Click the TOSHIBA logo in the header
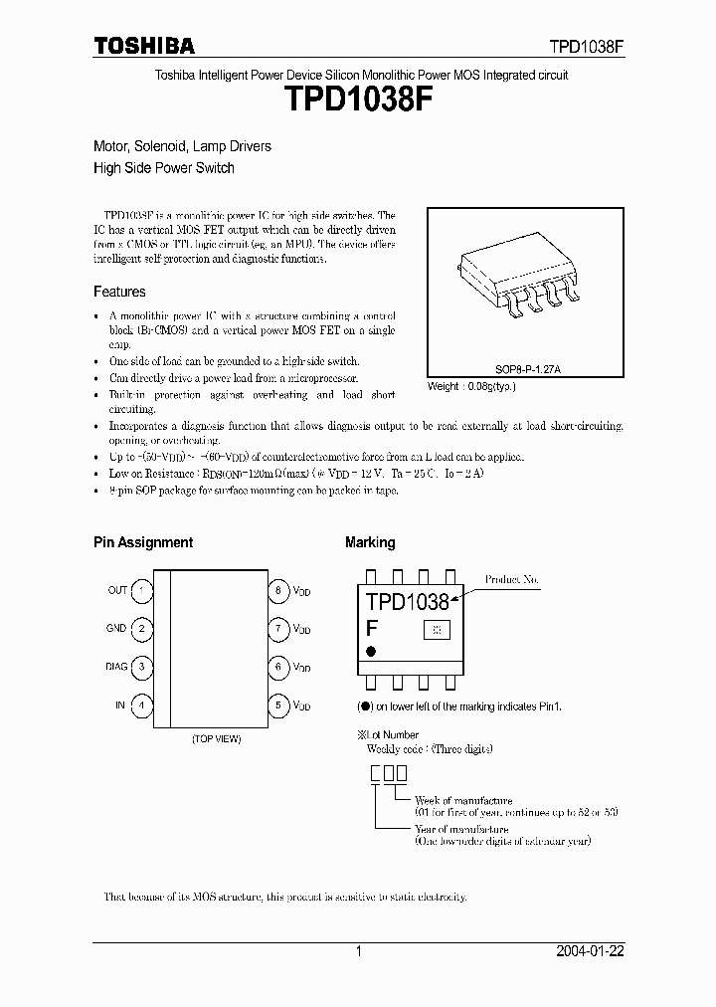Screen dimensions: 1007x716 coord(144,46)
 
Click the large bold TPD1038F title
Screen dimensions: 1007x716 coord(358,103)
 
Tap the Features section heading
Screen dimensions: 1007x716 coord(119,292)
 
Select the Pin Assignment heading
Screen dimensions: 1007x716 coord(143,542)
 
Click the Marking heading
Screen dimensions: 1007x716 coord(370,542)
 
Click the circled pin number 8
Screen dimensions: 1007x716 coord(279,590)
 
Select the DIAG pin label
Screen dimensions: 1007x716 coord(116,667)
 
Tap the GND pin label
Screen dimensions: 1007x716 coord(116,629)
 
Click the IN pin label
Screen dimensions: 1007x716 coord(120,705)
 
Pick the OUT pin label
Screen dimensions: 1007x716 coord(117,590)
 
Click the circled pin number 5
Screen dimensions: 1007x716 coord(279,705)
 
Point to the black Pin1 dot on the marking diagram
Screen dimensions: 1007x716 coord(372,651)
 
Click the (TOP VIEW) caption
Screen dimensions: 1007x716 coord(216,739)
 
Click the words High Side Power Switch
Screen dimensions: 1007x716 coord(164,168)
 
